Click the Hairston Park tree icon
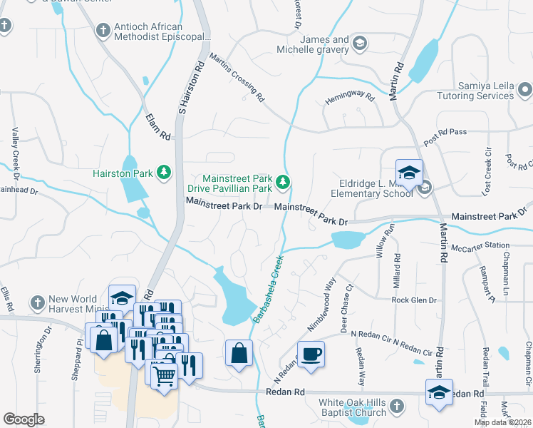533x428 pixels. click(x=164, y=173)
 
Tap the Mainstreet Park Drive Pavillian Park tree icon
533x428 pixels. click(x=284, y=183)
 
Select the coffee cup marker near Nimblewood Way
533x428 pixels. click(x=311, y=355)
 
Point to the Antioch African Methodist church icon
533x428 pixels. click(x=103, y=31)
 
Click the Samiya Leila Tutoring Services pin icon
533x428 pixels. click(x=524, y=90)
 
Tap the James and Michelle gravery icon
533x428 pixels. click(x=360, y=44)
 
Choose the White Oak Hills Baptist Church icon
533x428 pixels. click(x=397, y=407)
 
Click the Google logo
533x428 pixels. click(x=24, y=419)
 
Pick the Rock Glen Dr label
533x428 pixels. click(x=413, y=300)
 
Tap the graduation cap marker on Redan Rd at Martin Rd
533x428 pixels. click(x=439, y=391)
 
